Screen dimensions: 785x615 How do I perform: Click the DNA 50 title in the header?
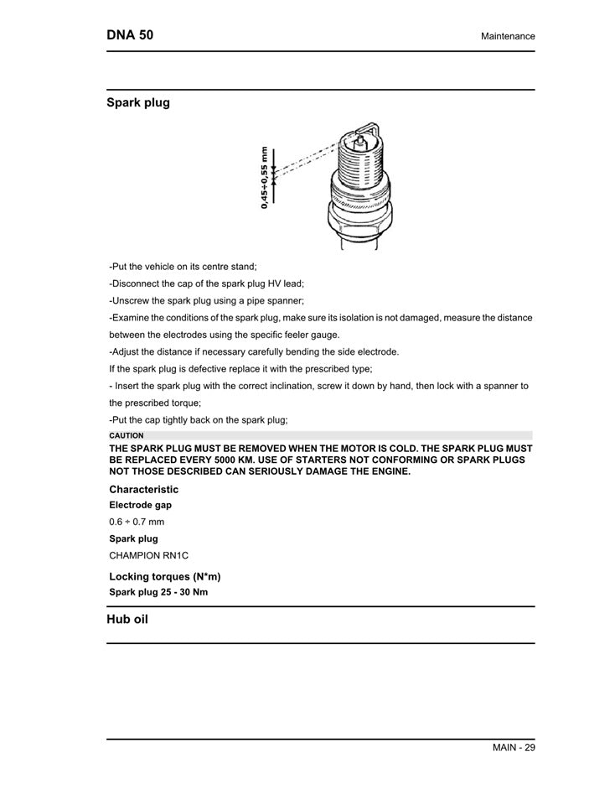pos(130,35)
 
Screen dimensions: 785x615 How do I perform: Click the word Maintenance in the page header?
pos(508,37)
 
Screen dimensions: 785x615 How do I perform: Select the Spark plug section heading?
pos(137,103)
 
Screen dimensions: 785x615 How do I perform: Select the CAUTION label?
pos(127,436)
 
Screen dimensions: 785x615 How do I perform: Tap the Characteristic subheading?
pos(143,490)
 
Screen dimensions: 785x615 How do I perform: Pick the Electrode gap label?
pos(140,506)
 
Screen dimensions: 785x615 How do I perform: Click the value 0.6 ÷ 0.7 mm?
pos(137,522)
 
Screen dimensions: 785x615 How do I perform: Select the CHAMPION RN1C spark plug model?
pos(148,555)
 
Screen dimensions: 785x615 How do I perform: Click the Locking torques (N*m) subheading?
pos(164,577)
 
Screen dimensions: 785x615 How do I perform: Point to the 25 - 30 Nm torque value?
pos(183,592)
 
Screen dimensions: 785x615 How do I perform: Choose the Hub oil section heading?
pos(127,621)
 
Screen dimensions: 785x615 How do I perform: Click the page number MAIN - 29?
pos(513,748)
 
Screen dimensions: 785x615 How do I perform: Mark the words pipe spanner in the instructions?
pos(276,300)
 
